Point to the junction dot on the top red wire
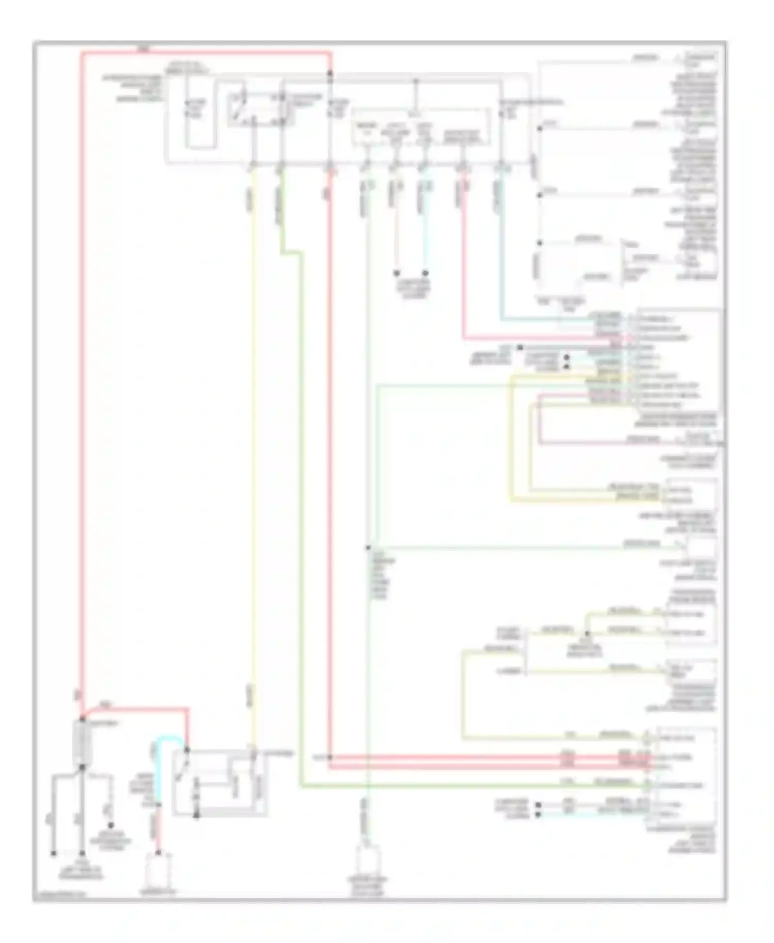point(330,74)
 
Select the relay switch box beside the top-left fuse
point(260,109)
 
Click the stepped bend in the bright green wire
point(292,252)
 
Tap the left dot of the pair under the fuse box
point(396,273)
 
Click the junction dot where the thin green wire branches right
point(368,547)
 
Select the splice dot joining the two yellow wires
point(587,633)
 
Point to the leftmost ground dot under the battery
point(53,853)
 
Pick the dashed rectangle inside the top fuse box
point(421,126)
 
